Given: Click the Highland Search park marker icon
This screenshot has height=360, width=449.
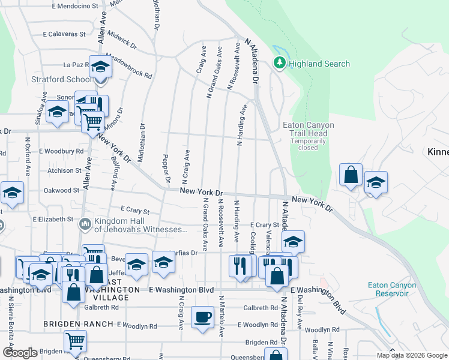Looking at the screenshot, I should point(279,63).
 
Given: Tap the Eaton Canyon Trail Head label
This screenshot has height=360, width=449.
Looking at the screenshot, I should point(309,130).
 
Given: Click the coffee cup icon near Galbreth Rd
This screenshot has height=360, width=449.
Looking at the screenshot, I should point(202,316).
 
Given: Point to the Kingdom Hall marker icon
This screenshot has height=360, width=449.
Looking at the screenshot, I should point(85,225).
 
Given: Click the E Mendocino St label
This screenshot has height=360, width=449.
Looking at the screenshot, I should point(75,5).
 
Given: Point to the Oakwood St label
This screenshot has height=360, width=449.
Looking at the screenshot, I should point(61,190).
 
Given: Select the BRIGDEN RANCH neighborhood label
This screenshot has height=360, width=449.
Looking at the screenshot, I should point(78,324).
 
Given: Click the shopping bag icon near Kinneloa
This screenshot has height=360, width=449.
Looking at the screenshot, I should point(351,175).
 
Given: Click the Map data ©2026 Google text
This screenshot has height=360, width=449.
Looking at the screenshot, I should point(411,355).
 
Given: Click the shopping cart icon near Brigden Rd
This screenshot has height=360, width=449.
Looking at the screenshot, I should point(75,341).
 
